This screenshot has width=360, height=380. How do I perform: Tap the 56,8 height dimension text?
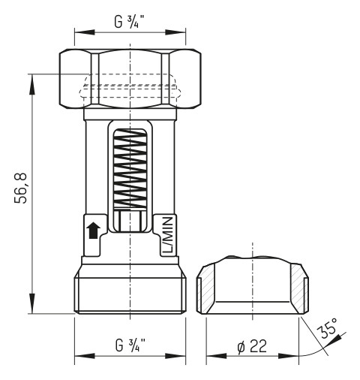pyautogui.click(x=22, y=188)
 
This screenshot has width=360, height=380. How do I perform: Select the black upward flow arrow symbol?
pyautogui.click(x=94, y=230)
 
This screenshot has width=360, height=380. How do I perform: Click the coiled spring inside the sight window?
pyautogui.click(x=130, y=169)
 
